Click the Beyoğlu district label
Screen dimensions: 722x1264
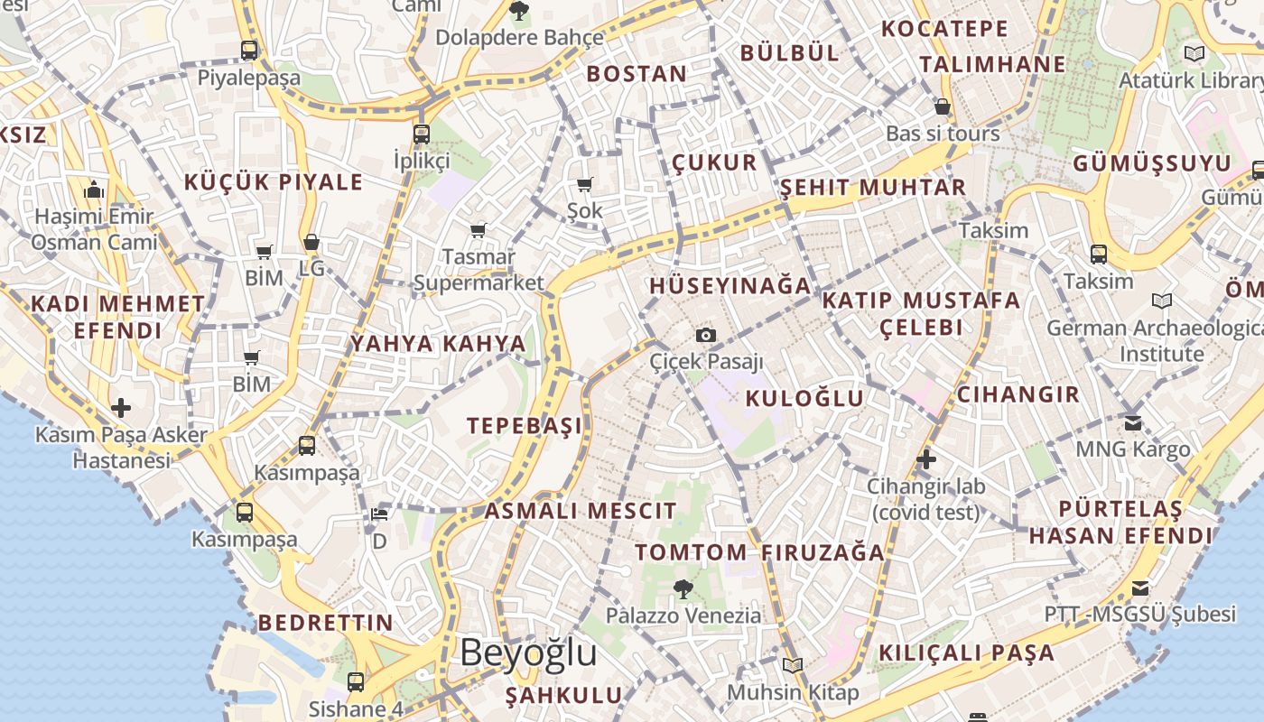click(528, 653)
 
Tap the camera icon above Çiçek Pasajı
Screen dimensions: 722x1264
click(706, 336)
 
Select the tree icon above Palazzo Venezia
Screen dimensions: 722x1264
click(683, 589)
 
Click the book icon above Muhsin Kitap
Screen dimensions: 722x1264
click(793, 665)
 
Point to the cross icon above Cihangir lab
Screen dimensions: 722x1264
click(925, 459)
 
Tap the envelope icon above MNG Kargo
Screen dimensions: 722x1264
click(1133, 422)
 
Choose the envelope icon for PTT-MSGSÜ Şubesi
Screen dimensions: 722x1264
click(1140, 588)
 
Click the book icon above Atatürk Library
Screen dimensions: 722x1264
click(1194, 53)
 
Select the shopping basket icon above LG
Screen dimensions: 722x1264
click(311, 242)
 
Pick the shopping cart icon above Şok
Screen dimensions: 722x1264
click(584, 185)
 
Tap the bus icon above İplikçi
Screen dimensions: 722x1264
click(422, 134)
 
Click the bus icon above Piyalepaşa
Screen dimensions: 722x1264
click(249, 50)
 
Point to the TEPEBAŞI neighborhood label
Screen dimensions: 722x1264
click(525, 426)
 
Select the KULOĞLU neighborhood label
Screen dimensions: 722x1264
click(804, 398)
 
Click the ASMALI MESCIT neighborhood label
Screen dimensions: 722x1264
click(581, 511)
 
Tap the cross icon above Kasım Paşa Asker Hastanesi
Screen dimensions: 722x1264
click(121, 408)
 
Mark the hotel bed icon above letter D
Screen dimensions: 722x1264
click(379, 515)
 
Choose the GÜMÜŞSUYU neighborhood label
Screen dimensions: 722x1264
click(1152, 164)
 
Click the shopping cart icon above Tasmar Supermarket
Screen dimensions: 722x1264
click(478, 230)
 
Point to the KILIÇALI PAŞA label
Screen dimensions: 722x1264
click(966, 653)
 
